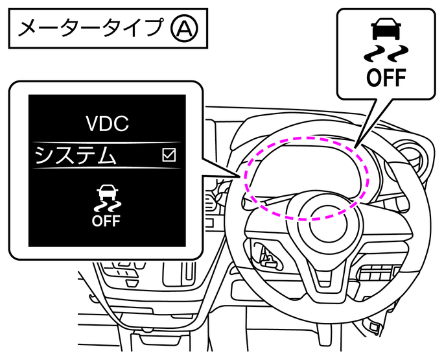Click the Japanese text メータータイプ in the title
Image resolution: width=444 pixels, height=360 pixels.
click(92, 28)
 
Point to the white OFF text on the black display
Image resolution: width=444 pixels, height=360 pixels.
click(106, 221)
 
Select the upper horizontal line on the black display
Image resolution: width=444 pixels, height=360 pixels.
click(107, 142)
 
